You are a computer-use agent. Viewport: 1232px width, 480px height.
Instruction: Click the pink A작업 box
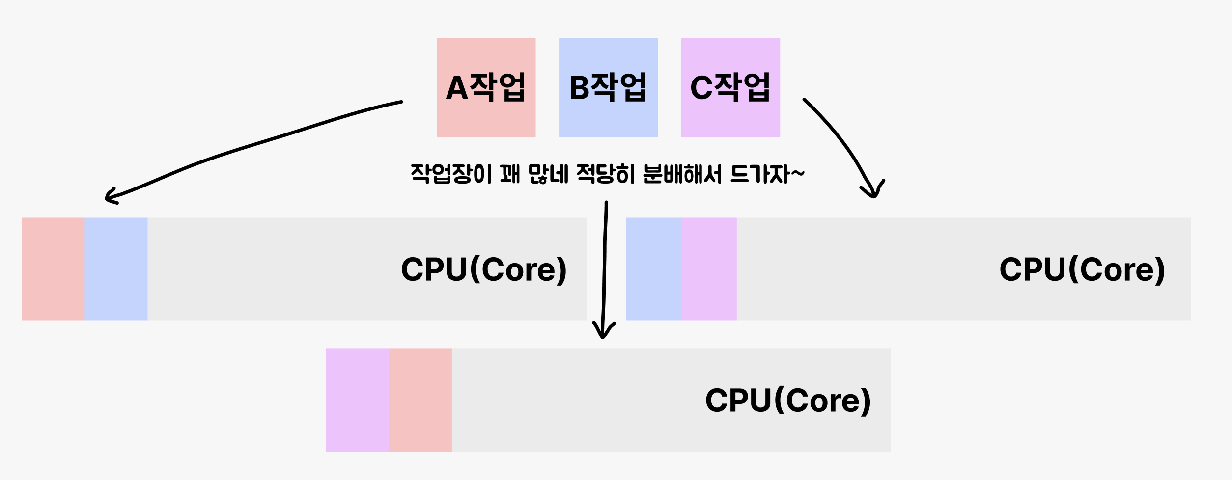pyautogui.click(x=486, y=87)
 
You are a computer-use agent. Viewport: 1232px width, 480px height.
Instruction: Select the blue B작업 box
pyautogui.click(x=608, y=87)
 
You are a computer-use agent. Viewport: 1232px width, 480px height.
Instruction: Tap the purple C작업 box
pyautogui.click(x=730, y=87)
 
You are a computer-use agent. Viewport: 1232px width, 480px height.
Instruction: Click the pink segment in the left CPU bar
pyautogui.click(x=53, y=269)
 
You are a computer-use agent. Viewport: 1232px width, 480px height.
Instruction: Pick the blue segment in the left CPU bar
pyautogui.click(x=116, y=269)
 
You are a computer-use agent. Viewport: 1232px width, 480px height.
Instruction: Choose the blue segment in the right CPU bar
pyautogui.click(x=653, y=269)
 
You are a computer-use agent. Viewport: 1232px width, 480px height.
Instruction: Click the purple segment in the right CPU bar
pyautogui.click(x=709, y=269)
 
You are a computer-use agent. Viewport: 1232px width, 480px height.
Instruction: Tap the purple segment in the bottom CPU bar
pyautogui.click(x=357, y=400)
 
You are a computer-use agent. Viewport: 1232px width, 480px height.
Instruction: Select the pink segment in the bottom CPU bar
pyautogui.click(x=420, y=400)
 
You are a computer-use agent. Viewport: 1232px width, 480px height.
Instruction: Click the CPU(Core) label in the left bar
pyautogui.click(x=484, y=269)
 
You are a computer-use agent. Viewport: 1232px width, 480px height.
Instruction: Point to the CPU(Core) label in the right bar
pyautogui.click(x=1082, y=269)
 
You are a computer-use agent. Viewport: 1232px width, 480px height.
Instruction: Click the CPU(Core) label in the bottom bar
pyautogui.click(x=788, y=400)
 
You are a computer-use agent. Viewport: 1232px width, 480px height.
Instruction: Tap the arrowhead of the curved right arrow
pyautogui.click(x=873, y=191)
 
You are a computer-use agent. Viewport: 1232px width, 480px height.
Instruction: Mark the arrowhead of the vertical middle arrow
pyautogui.click(x=604, y=331)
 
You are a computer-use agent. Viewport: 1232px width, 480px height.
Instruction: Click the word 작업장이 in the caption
pyautogui.click(x=451, y=174)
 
